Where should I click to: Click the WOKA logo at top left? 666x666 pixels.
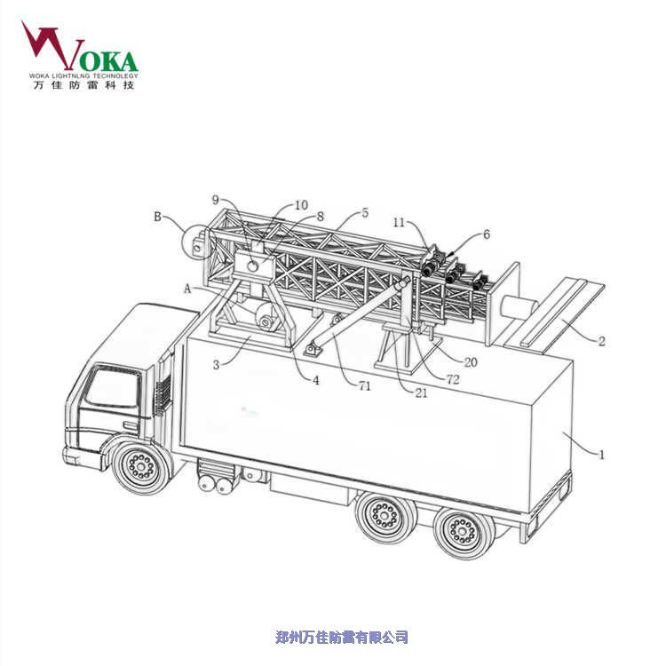tap(80, 55)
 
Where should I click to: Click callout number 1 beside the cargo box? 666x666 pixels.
tap(601, 455)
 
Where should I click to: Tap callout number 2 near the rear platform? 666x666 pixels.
tap(601, 341)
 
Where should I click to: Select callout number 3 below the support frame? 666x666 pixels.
tap(216, 364)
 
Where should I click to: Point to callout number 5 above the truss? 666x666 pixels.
tap(365, 213)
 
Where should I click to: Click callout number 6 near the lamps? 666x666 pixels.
tap(487, 234)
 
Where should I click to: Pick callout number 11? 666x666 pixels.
tap(399, 222)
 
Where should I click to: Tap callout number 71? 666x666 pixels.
tap(364, 386)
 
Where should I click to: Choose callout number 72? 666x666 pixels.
tap(453, 379)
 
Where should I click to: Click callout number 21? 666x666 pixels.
tap(421, 393)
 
